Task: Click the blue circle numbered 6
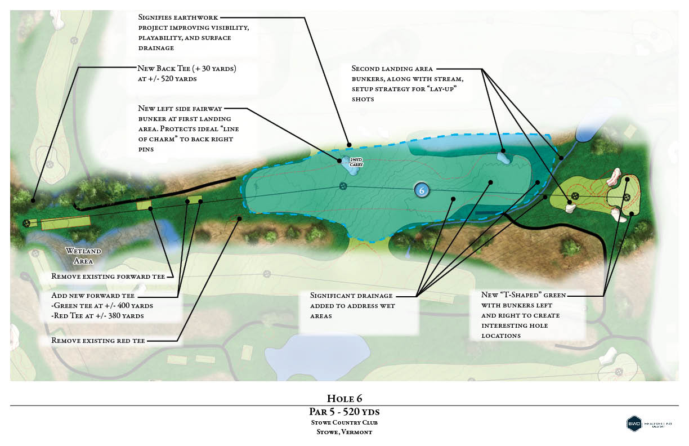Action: pyautogui.click(x=422, y=190)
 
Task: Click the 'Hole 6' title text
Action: pyautogui.click(x=343, y=398)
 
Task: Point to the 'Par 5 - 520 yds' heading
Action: pyautogui.click(x=344, y=412)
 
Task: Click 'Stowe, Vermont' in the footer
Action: pyautogui.click(x=344, y=432)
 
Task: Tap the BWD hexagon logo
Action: pyautogui.click(x=634, y=423)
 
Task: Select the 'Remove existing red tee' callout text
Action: pyautogui.click(x=98, y=341)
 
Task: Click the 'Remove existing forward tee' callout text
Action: pyautogui.click(x=108, y=276)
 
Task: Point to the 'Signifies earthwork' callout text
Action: pyautogui.click(x=178, y=17)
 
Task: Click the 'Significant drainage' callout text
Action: pyautogui.click(x=352, y=296)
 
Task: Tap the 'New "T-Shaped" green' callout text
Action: pyautogui.click(x=524, y=295)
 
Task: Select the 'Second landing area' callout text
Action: pyautogui.click(x=392, y=69)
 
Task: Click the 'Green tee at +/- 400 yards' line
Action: pyautogui.click(x=102, y=306)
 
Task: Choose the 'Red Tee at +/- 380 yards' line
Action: pyautogui.click(x=97, y=316)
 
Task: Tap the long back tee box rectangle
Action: pyautogui.click(x=66, y=222)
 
